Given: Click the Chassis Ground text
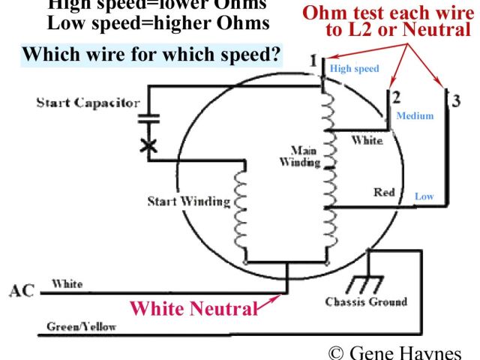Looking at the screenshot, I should click(366, 301).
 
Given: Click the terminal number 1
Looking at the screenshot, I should click(313, 60).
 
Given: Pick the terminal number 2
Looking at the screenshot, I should click(395, 96).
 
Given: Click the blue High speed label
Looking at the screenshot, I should click(355, 69).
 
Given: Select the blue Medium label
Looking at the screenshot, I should click(415, 116).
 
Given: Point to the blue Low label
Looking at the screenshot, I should click(424, 196).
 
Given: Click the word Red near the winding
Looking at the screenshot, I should click(384, 193).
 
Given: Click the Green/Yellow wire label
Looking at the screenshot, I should click(76, 327).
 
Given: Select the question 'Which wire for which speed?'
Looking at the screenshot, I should click(151, 55).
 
